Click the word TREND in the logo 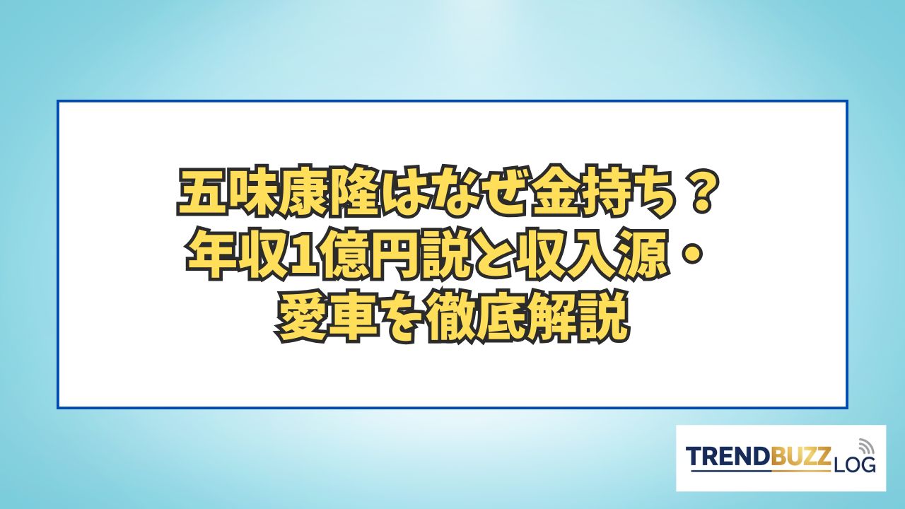tap(729, 457)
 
